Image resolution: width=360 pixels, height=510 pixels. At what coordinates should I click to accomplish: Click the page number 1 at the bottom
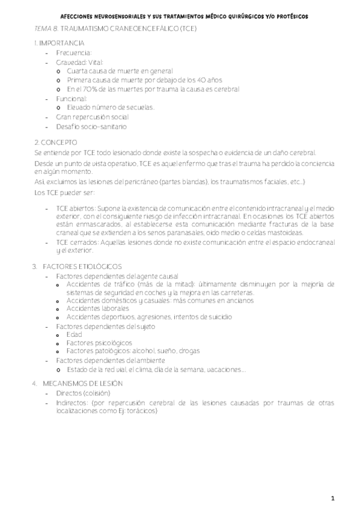(332, 498)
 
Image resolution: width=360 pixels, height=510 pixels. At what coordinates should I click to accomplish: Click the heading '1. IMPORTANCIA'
(59, 43)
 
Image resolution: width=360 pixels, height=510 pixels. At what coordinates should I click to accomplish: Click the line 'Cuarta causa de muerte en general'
(120, 70)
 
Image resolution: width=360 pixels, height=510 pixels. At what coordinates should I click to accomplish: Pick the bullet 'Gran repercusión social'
(92, 117)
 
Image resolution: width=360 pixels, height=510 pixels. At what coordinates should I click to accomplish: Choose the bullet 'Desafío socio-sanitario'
(91, 126)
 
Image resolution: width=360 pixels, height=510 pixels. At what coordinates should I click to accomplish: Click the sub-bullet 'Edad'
(74, 334)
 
